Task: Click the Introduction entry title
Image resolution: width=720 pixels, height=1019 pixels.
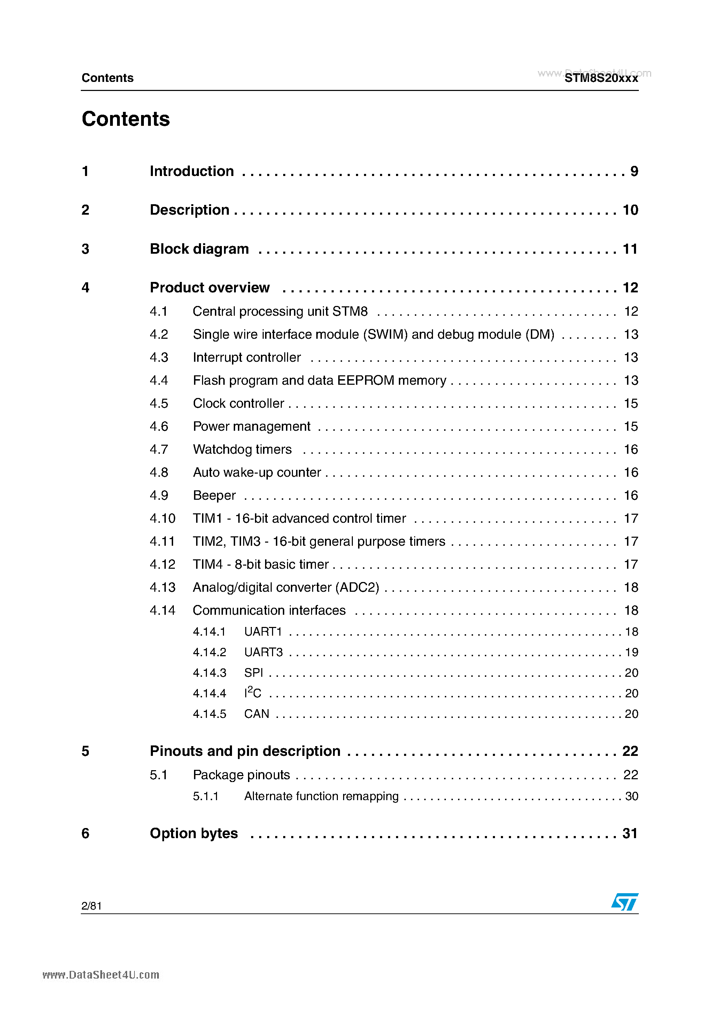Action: (x=192, y=171)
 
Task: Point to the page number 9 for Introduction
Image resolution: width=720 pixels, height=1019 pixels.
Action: (x=634, y=171)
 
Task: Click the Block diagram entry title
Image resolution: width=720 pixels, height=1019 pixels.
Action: (x=199, y=249)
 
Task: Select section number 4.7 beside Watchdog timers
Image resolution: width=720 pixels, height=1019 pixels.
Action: (x=159, y=450)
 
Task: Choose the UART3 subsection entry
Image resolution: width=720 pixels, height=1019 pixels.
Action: (x=263, y=652)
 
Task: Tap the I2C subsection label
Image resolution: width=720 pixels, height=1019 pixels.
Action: (x=253, y=693)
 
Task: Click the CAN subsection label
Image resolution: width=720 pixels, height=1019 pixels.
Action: (x=256, y=714)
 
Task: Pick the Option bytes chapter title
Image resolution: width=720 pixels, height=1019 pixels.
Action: (x=194, y=834)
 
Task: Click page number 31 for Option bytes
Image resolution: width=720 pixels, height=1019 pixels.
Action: (x=630, y=834)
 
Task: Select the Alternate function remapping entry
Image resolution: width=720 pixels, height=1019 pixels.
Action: (x=321, y=796)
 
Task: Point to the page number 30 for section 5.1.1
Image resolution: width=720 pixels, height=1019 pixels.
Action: (x=631, y=796)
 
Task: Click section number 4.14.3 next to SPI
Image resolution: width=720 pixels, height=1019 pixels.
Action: (x=209, y=673)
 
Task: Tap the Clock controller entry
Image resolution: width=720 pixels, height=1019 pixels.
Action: (x=238, y=404)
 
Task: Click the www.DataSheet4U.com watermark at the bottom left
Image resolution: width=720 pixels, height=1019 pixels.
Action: (x=101, y=975)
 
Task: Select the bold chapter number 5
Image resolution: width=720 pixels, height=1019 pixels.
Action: (x=86, y=751)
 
